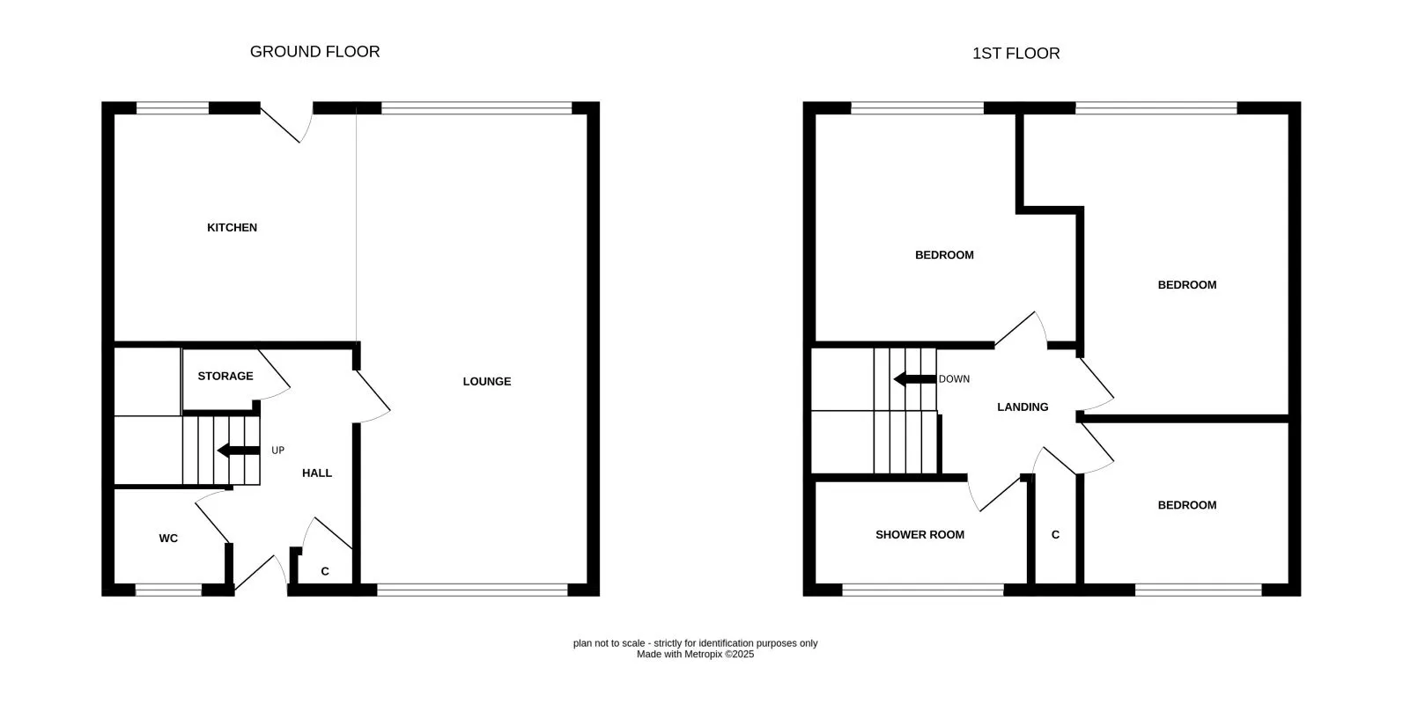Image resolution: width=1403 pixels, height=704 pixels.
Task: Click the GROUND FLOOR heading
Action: click(314, 52)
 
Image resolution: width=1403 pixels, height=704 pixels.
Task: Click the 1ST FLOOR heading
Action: click(1015, 54)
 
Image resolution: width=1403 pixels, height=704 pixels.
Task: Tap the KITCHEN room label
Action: click(232, 228)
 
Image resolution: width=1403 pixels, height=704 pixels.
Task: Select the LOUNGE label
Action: click(487, 382)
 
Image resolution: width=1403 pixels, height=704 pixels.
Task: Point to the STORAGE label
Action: click(225, 377)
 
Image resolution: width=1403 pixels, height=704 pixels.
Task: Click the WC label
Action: click(168, 539)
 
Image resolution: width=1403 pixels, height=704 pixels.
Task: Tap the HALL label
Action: click(317, 473)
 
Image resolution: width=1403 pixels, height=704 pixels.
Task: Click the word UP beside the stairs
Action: click(277, 451)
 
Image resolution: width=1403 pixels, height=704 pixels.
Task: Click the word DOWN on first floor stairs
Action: click(954, 379)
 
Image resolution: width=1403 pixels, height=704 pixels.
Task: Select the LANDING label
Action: click(1023, 407)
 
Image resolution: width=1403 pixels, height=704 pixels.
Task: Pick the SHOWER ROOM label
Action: click(919, 535)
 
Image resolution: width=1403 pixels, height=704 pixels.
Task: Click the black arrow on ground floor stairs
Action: click(237, 451)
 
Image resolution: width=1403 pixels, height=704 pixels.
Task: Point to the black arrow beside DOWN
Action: click(913, 379)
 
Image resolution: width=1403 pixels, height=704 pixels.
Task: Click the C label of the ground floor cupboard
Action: click(325, 572)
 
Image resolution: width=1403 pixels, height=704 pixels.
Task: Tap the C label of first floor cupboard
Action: click(1055, 535)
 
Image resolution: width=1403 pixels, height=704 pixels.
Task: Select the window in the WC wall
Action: click(168, 590)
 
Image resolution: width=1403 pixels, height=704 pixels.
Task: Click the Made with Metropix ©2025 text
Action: click(695, 655)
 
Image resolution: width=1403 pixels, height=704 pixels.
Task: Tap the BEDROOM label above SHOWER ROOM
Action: click(944, 255)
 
